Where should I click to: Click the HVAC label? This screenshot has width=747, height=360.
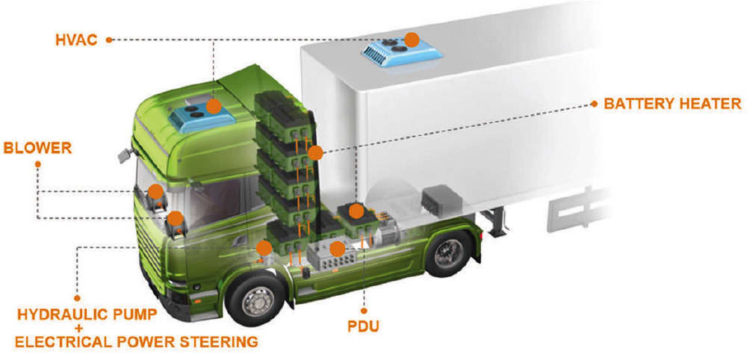click(x=76, y=40)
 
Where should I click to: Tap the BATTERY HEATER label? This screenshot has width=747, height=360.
click(x=672, y=103)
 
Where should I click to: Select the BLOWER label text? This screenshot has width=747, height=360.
click(x=37, y=148)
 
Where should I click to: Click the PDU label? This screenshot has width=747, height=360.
click(x=365, y=326)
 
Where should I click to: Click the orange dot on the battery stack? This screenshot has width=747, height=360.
click(x=315, y=154)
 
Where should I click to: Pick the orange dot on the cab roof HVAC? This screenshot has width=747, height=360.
click(x=214, y=106)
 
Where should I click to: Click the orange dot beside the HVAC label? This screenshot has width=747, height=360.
click(x=109, y=40)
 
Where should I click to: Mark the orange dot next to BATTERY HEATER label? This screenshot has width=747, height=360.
click(x=593, y=103)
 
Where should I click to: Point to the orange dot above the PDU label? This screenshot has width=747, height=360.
click(x=365, y=309)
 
